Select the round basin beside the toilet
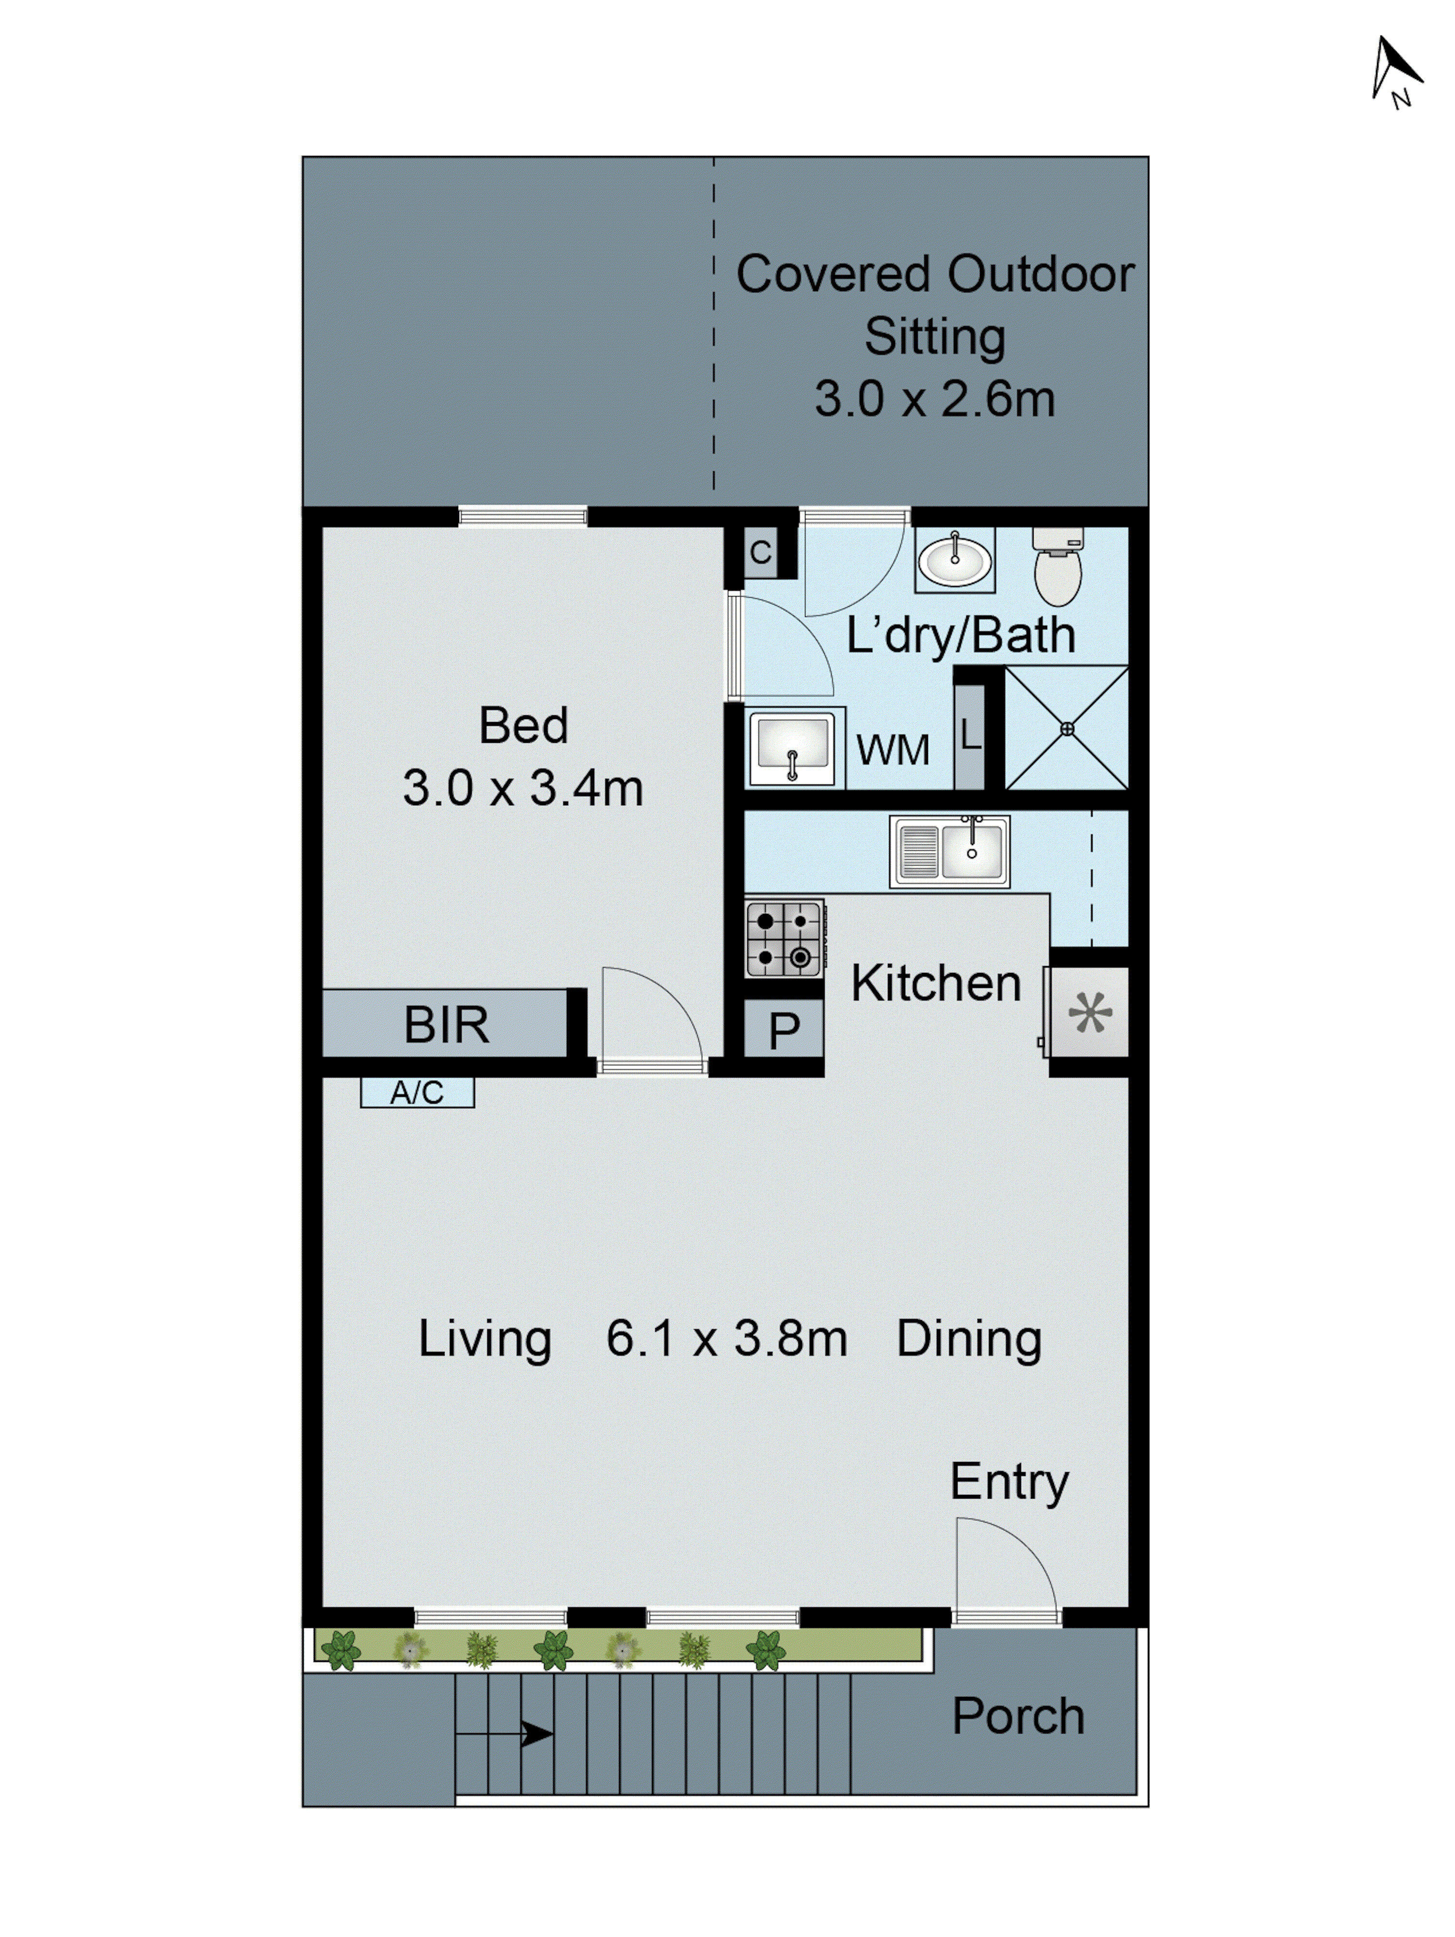click(955, 560)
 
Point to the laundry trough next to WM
click(793, 747)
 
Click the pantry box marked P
click(783, 1030)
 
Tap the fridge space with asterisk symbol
click(1090, 1013)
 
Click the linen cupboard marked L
click(969, 736)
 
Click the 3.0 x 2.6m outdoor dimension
click(935, 400)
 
